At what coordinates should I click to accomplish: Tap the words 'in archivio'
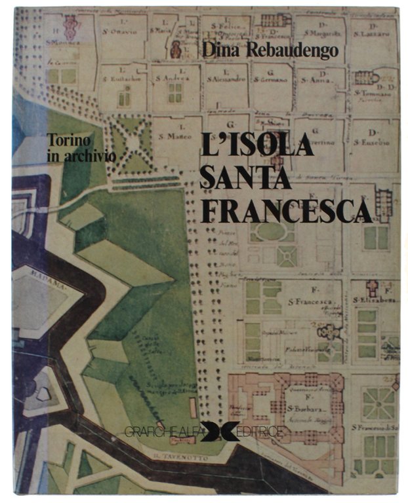tap(81, 156)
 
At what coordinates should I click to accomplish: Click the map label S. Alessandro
tap(226, 79)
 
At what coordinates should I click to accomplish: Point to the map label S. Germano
tap(272, 79)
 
